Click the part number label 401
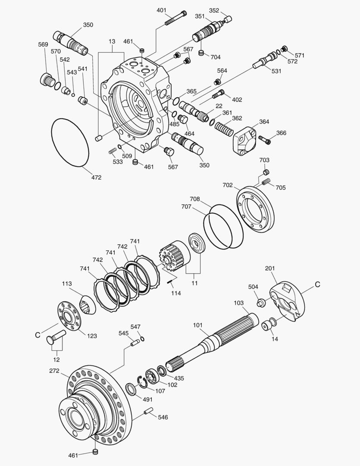[x=161, y=10]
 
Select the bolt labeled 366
[x=264, y=139]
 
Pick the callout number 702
[x=228, y=185]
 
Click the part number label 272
[x=54, y=371]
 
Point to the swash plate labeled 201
[x=287, y=302]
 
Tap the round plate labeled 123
[x=69, y=318]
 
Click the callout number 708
[x=195, y=199]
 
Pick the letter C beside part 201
[x=317, y=285]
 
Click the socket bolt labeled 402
[x=219, y=93]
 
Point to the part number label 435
[x=178, y=378]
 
